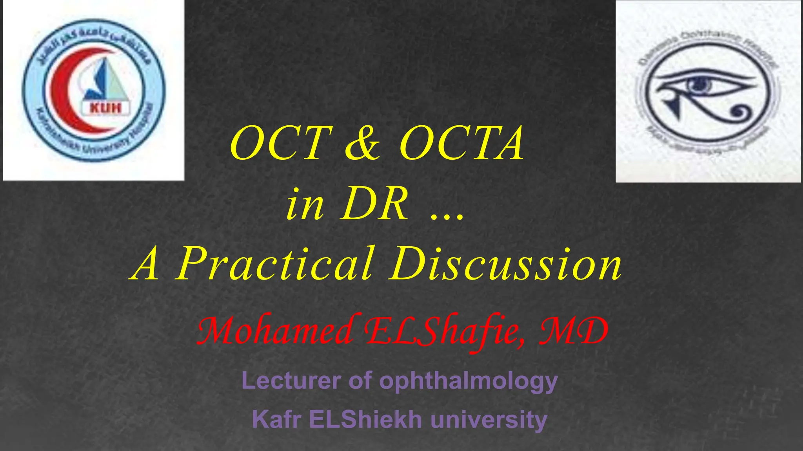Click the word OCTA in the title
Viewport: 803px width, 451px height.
(x=461, y=143)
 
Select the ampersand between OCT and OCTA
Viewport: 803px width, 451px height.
(x=363, y=143)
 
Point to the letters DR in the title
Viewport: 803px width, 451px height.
(x=374, y=204)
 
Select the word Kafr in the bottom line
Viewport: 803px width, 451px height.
(x=277, y=419)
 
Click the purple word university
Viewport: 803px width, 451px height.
(x=489, y=420)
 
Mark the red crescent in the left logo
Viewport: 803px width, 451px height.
(x=59, y=90)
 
